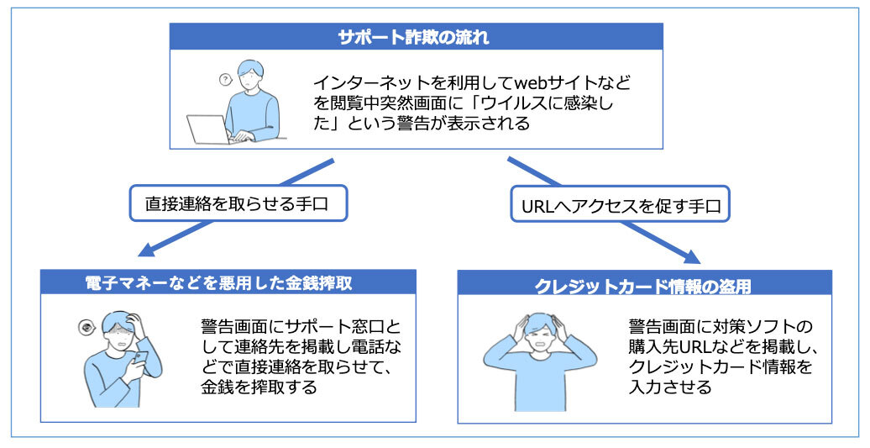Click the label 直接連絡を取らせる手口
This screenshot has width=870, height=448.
coord(238,204)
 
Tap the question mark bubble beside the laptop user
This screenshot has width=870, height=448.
coord(224,80)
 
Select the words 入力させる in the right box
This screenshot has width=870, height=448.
coord(671,387)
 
